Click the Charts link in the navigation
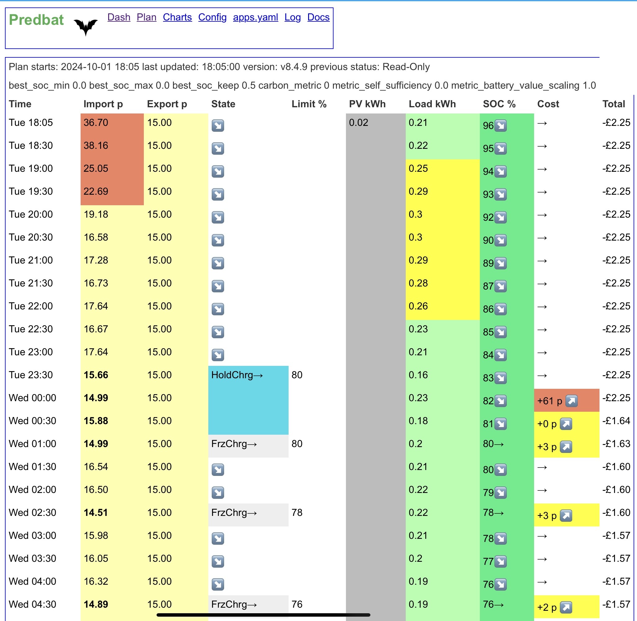click(177, 17)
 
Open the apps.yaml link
click(255, 17)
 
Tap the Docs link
click(318, 17)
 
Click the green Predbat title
click(36, 20)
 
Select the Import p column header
click(103, 104)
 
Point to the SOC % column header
click(499, 104)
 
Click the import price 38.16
click(95, 145)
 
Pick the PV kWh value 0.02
click(358, 123)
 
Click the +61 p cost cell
click(567, 401)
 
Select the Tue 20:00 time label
click(31, 214)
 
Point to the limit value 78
click(297, 513)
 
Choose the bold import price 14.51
click(95, 513)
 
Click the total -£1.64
click(616, 421)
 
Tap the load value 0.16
click(418, 375)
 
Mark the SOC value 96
click(488, 126)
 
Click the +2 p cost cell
click(567, 607)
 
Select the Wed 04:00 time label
click(32, 582)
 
